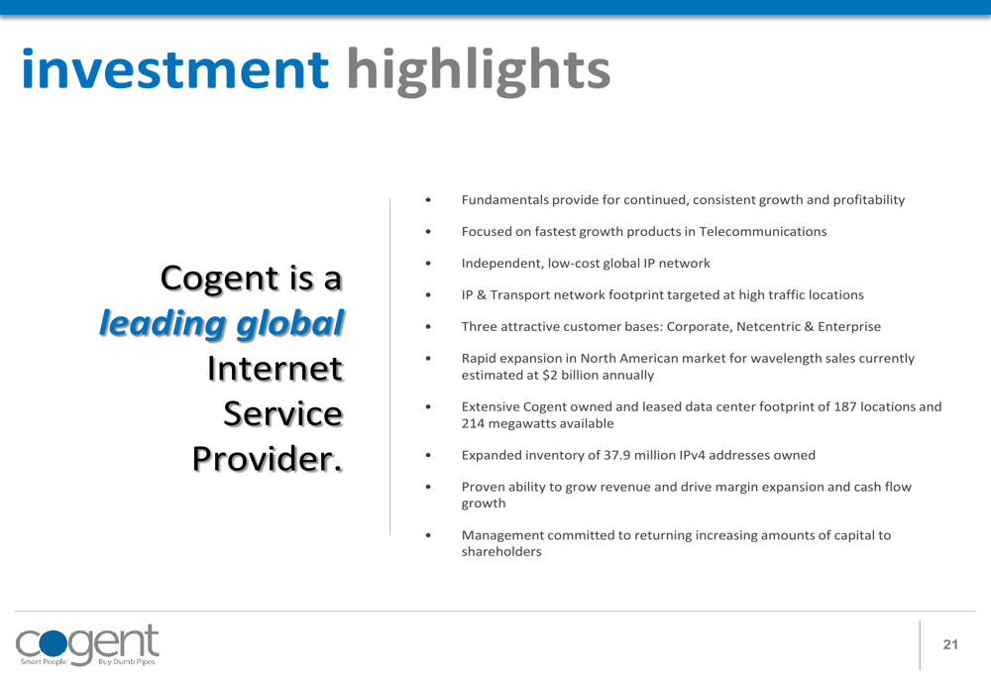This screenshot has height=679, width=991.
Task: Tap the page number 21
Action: click(x=950, y=644)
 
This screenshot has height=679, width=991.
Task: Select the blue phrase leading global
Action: click(x=222, y=324)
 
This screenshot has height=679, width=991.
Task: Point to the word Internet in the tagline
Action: click(x=275, y=369)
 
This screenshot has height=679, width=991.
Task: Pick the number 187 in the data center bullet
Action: click(x=845, y=406)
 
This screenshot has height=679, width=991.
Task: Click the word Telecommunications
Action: click(x=763, y=231)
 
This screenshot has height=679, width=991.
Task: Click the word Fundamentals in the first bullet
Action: click(x=505, y=200)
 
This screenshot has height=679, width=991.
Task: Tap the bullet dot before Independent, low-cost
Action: click(x=428, y=263)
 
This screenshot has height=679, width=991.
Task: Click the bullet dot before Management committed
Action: click(x=428, y=535)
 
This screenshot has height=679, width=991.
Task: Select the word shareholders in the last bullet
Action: click(x=501, y=552)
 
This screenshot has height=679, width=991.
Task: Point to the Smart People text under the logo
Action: click(x=43, y=662)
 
